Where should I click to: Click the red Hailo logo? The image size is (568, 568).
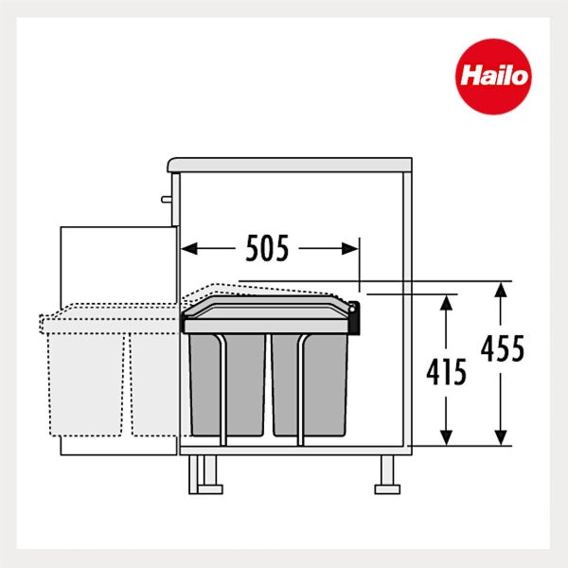pos(493,77)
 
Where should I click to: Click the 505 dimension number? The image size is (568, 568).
pos(267,248)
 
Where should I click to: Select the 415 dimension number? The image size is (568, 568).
pos(446,372)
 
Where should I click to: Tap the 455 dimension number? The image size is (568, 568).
pos(503,348)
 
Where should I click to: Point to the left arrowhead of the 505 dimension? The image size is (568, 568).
pos(189,249)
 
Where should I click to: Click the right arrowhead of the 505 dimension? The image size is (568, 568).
pos(350,249)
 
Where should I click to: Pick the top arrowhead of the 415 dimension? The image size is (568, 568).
pos(446,303)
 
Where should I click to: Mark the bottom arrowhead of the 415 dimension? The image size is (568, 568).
pos(446,438)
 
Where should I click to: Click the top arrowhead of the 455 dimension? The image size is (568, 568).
pos(501,290)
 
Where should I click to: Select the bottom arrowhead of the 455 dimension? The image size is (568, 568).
pos(501,438)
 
